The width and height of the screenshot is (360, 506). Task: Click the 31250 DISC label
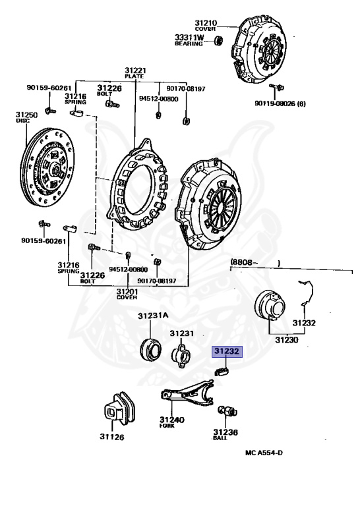pos(27,117)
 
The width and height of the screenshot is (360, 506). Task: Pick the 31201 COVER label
pos(127,294)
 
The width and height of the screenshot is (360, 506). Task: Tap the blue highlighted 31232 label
pos(227,352)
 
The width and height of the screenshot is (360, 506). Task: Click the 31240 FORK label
pos(171,422)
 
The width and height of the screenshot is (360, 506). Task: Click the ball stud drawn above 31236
pos(229,412)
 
